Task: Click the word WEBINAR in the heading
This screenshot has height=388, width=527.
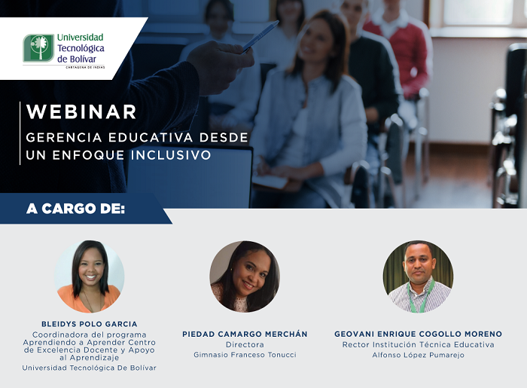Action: click(81, 112)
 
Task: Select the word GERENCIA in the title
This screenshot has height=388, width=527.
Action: click(60, 139)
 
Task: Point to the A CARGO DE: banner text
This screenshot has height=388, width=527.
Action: click(75, 209)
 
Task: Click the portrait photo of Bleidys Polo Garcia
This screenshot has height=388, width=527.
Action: click(89, 276)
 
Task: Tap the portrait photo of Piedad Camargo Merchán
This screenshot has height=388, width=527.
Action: click(245, 276)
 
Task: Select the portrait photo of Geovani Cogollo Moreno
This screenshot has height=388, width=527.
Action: click(418, 276)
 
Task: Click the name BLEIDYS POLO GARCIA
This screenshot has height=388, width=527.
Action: click(89, 324)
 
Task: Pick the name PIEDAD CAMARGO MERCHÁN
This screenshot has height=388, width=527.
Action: click(245, 334)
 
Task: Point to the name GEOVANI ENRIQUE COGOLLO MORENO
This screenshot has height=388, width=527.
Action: click(418, 334)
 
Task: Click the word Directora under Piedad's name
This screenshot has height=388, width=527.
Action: click(245, 344)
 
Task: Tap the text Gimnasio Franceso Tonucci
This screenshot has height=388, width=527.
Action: click(245, 355)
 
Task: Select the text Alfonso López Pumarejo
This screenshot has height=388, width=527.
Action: click(418, 355)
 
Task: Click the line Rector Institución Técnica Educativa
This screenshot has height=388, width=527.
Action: click(418, 344)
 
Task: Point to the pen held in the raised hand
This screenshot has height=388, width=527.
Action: click(260, 35)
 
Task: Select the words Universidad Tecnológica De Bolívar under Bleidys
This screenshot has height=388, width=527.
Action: click(89, 368)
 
